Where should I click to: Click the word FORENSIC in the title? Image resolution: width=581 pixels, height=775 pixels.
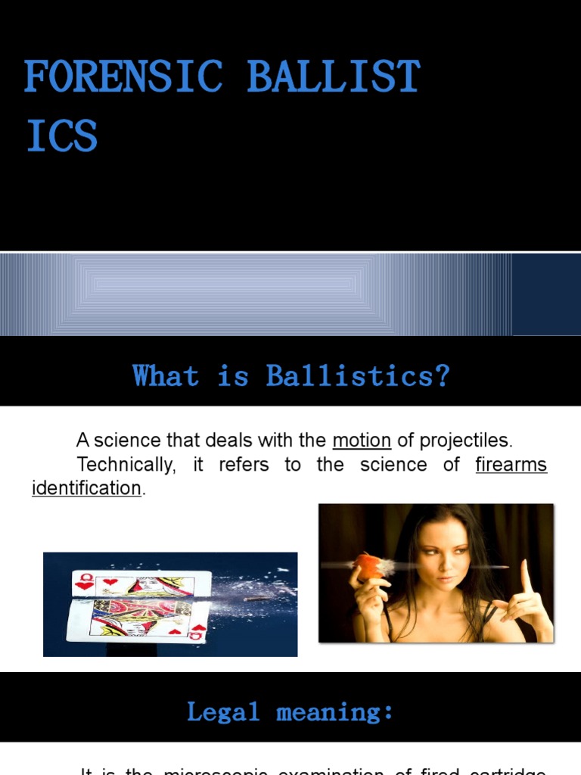pyautogui.click(x=123, y=77)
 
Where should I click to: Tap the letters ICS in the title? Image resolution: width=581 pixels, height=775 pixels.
pyautogui.click(x=62, y=136)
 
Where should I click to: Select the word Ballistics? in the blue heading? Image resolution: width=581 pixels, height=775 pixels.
pyautogui.click(x=358, y=375)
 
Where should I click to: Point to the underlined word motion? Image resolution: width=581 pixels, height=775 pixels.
pyautogui.click(x=362, y=440)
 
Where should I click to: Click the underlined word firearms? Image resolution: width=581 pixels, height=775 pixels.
pyautogui.click(x=511, y=464)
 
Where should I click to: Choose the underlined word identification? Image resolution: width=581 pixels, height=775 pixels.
pyautogui.click(x=86, y=488)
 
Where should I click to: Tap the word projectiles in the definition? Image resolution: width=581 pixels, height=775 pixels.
pyautogui.click(x=465, y=440)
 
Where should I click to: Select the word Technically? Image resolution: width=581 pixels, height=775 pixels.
pyautogui.click(x=126, y=464)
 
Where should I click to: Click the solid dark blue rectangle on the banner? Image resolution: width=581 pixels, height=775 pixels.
pyautogui.click(x=546, y=294)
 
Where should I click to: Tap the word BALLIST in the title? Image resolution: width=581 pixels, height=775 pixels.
pyautogui.click(x=333, y=77)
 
